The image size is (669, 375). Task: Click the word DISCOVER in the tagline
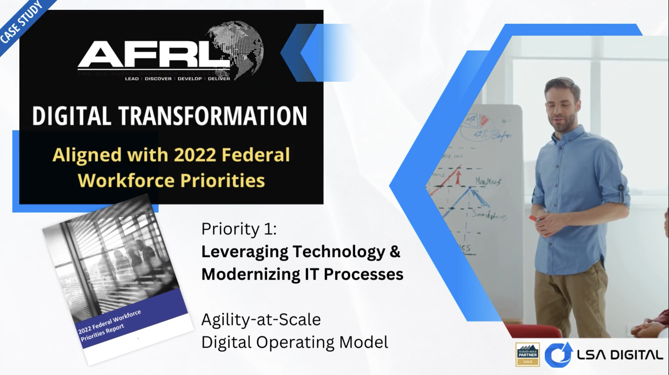[158, 79]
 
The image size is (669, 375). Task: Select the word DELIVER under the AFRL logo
[219, 79]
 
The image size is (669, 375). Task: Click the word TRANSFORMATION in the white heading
[212, 116]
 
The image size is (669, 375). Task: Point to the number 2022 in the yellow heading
[195, 155]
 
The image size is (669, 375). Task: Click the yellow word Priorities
[222, 180]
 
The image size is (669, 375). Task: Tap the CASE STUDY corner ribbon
[22, 22]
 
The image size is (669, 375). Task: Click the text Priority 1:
[239, 229]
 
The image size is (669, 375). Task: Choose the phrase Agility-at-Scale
[261, 319]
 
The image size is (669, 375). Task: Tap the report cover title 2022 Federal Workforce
[109, 322]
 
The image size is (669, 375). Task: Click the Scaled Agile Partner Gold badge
[527, 354]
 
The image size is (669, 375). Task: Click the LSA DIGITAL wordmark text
[620, 355]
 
